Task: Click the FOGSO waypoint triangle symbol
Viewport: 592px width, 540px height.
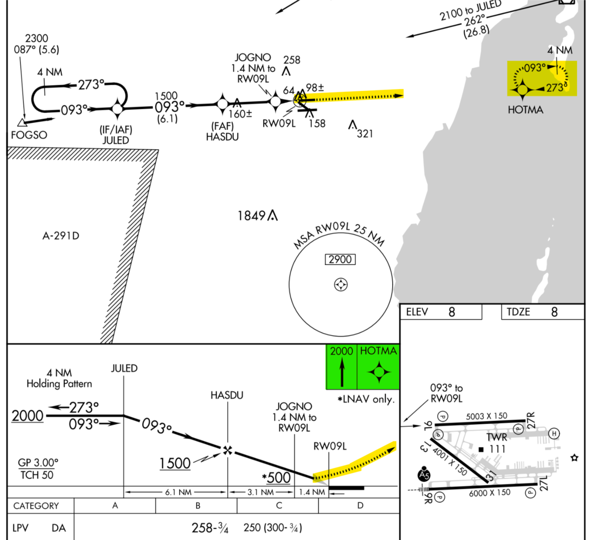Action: (x=22, y=122)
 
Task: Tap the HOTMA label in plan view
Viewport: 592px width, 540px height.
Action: (x=525, y=110)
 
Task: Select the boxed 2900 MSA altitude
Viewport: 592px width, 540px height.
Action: (x=340, y=260)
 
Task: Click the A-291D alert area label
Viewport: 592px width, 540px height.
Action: (x=61, y=236)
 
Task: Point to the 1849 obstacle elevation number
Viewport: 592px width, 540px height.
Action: (x=251, y=216)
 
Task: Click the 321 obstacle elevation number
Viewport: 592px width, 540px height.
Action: (x=365, y=134)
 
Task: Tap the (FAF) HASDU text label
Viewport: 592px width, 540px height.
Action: (x=222, y=132)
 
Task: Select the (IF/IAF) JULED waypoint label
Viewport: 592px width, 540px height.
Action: (x=116, y=135)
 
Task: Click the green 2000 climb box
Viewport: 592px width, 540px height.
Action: (x=341, y=366)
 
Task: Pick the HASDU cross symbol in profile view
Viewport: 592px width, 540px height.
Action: (x=228, y=451)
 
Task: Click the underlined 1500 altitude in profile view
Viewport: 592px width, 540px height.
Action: (x=175, y=463)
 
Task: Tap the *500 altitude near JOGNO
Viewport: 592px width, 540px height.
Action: (x=277, y=478)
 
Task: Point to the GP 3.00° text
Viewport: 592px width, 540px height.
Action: (x=38, y=463)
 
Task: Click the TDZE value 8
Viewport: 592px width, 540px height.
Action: (x=554, y=312)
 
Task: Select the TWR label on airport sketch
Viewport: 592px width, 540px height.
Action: (x=497, y=437)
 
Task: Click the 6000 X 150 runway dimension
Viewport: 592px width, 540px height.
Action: (x=490, y=493)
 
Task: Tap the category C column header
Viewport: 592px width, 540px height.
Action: (x=279, y=506)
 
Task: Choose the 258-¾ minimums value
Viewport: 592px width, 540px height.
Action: (x=210, y=528)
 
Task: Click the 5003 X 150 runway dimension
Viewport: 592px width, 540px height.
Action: (x=486, y=416)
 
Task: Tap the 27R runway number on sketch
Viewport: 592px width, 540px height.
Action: (x=531, y=421)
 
